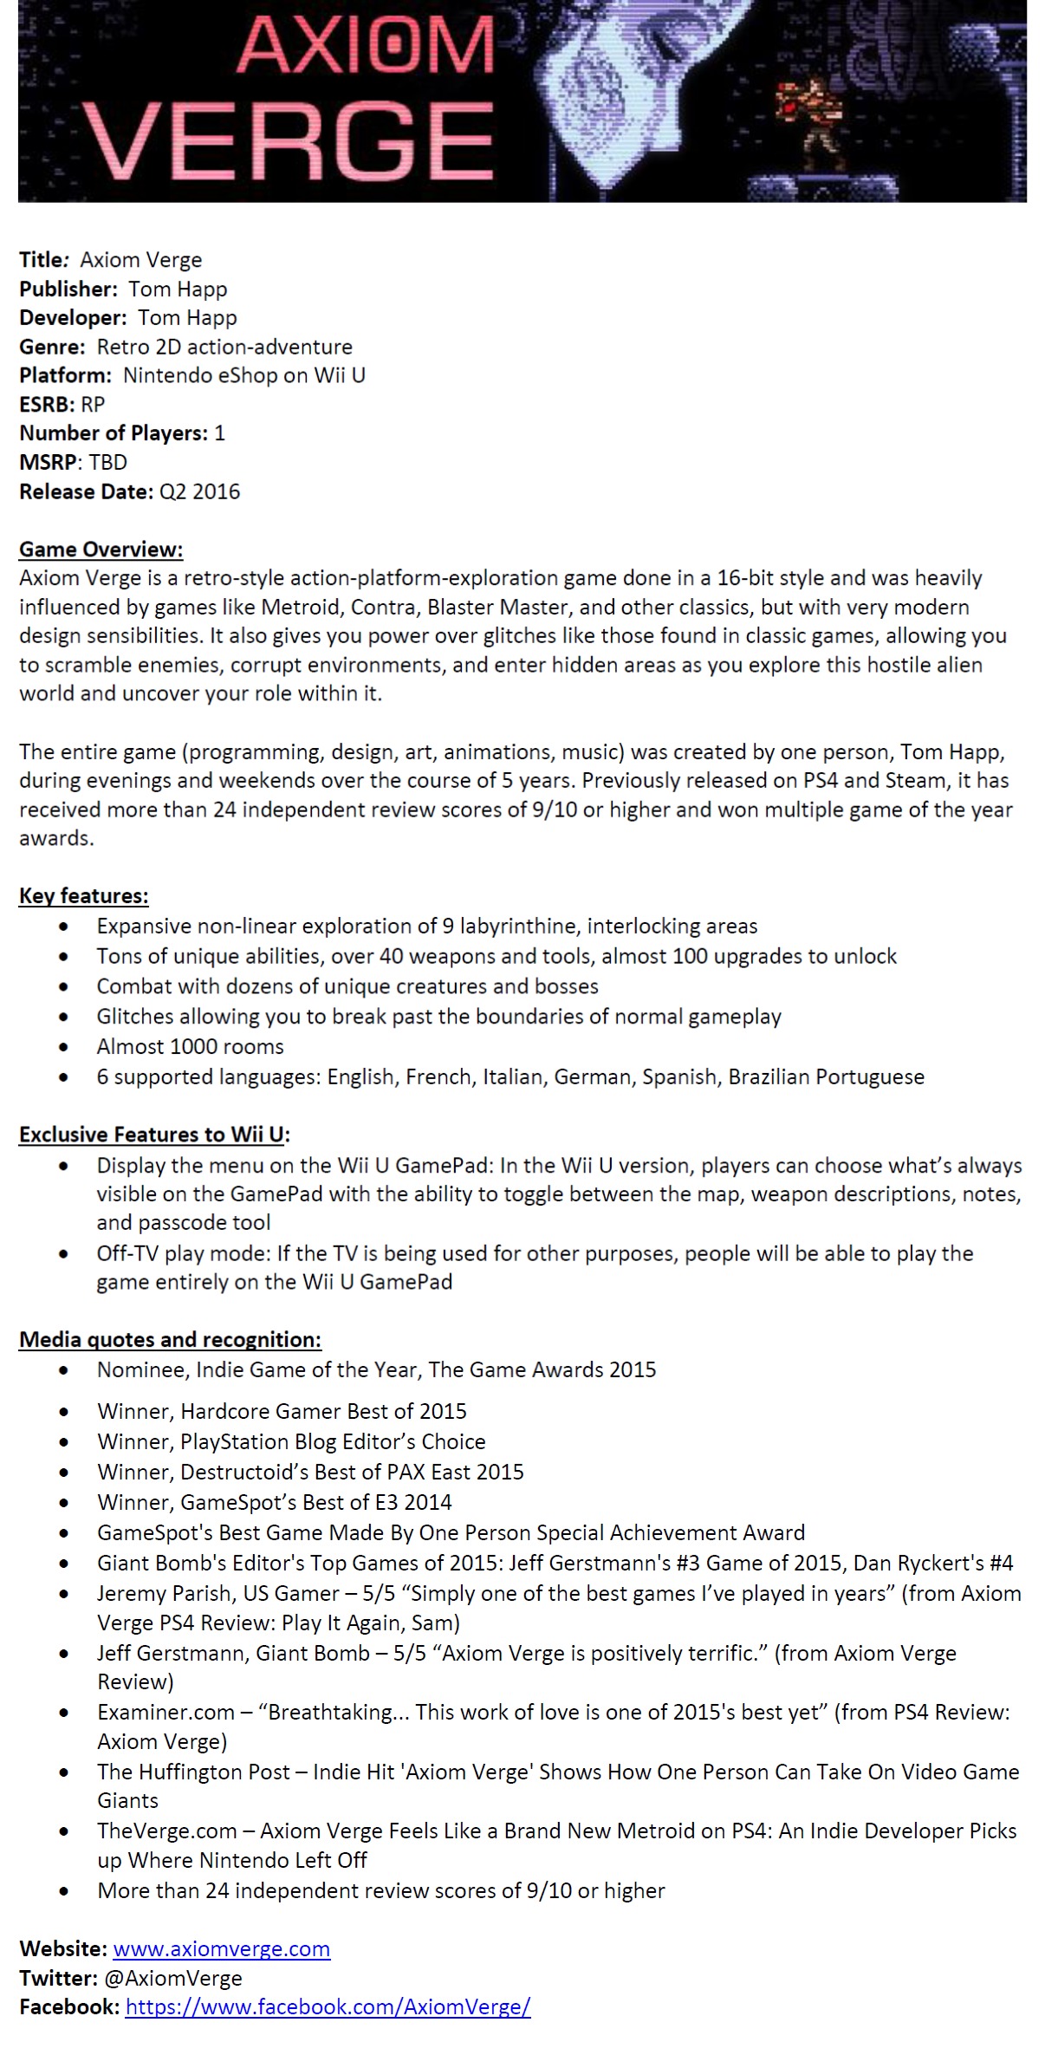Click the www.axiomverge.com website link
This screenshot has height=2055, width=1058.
(221, 1948)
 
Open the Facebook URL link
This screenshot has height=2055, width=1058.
(328, 2006)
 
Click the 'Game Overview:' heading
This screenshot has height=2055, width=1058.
(101, 549)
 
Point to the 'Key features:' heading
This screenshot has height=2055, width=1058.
(83, 895)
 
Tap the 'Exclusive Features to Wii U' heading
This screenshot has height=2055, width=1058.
(153, 1134)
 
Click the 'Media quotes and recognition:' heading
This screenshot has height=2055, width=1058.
(170, 1339)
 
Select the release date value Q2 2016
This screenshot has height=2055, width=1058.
(199, 491)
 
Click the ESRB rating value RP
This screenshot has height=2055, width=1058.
(93, 404)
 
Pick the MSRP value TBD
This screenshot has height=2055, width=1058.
(108, 462)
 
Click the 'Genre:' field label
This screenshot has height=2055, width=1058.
(52, 347)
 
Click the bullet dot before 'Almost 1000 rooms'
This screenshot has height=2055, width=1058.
(64, 1047)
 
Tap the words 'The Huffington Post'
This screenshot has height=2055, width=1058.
(193, 1772)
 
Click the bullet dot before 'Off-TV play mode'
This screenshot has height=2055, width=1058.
(64, 1253)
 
